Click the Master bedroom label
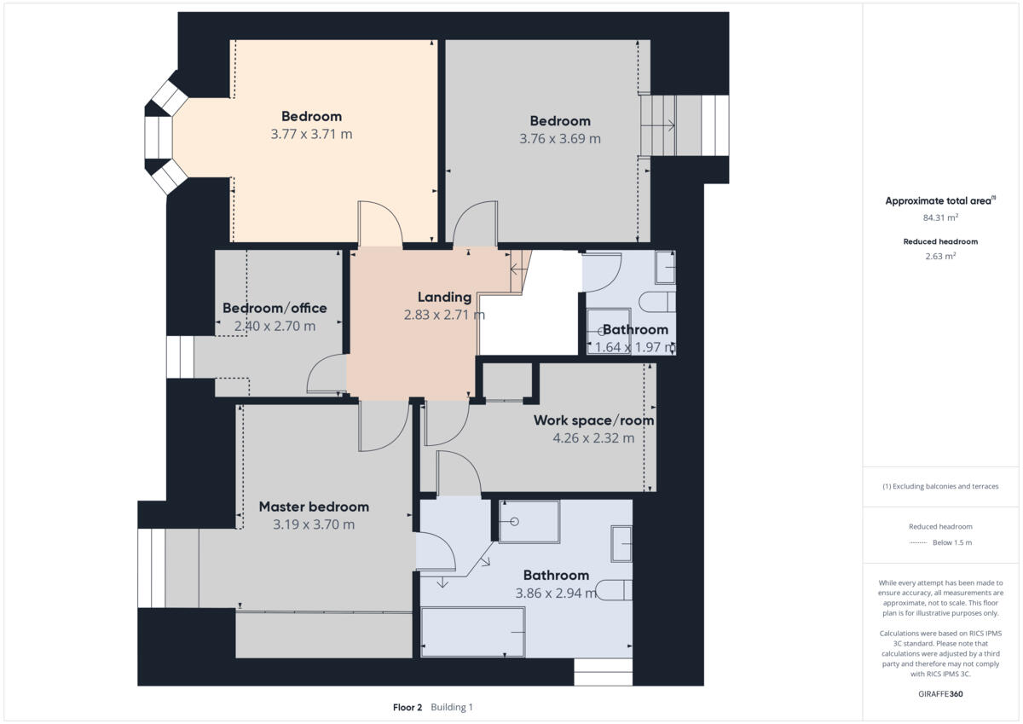click(314, 507)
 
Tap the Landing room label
click(444, 297)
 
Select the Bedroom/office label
click(275, 308)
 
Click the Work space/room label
click(593, 420)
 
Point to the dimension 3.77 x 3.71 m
click(311, 134)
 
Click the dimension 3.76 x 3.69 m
click(560, 138)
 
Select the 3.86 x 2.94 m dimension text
click(556, 593)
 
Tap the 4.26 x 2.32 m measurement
click(593, 438)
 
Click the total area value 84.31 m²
click(939, 217)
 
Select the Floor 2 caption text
click(407, 707)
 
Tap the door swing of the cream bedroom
click(380, 223)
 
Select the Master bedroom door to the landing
click(383, 426)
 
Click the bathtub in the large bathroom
click(473, 632)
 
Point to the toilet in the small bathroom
click(660, 302)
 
